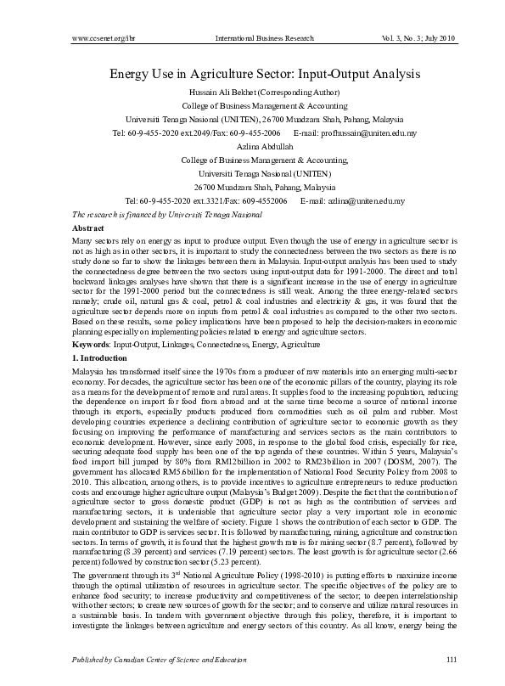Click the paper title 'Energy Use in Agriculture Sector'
252,74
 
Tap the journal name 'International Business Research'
265,39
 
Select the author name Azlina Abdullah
253,146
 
